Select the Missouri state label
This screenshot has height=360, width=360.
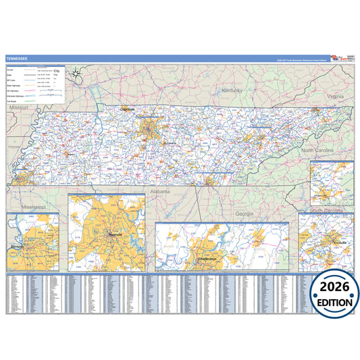pos(18,107)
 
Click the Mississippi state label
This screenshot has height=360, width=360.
pos(32,207)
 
